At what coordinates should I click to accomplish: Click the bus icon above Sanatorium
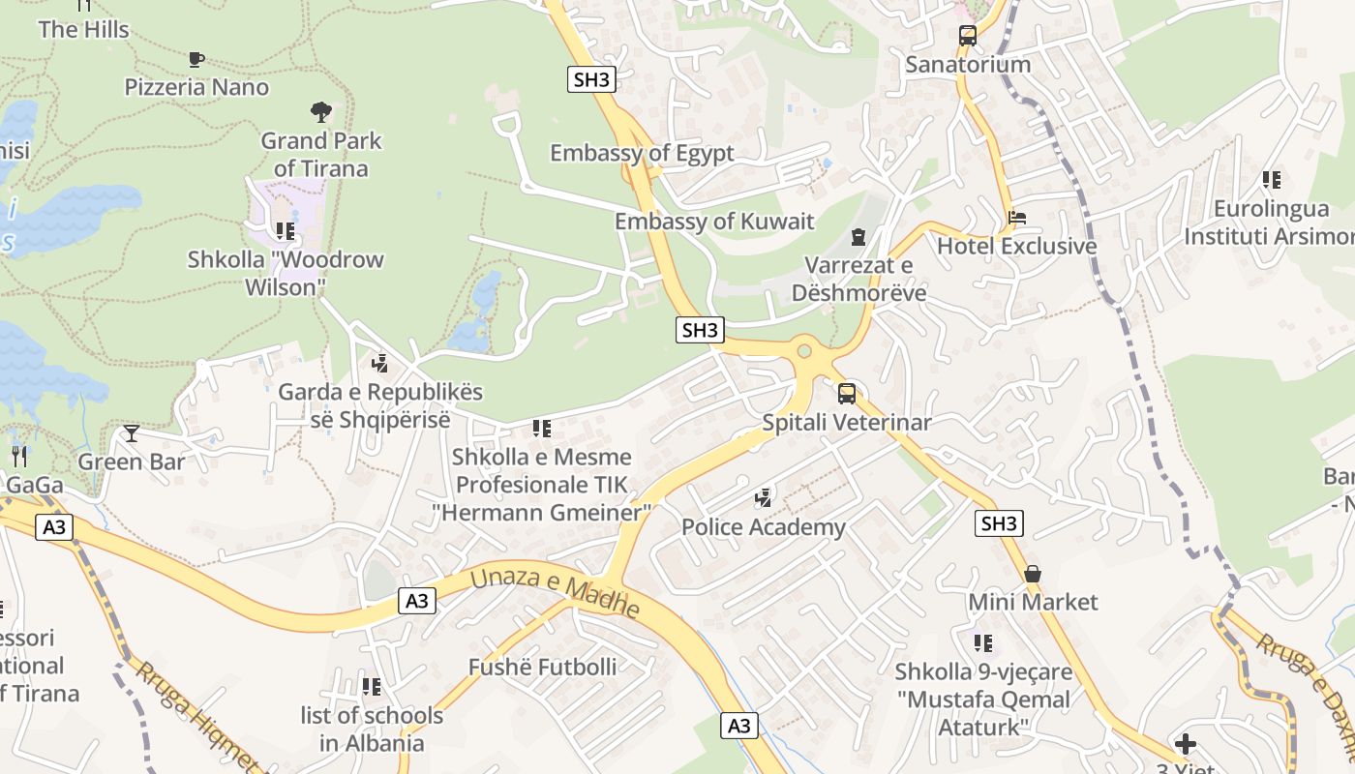coord(967,37)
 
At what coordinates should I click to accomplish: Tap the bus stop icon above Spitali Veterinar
coord(846,394)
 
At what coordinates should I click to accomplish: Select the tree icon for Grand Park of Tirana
coord(321,112)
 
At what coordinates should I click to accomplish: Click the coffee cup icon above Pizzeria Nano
coord(196,59)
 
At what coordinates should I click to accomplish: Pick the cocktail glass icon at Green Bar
coord(132,433)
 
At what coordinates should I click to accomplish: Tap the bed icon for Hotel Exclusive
coord(1016,218)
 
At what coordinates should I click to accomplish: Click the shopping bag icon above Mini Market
coord(1033,574)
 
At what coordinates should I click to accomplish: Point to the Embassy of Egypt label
coord(642,153)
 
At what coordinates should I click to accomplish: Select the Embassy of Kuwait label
coord(714,221)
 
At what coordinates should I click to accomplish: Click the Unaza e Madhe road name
coord(556,593)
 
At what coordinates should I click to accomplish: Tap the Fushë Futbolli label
coord(542,667)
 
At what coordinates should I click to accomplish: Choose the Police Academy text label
coord(764,527)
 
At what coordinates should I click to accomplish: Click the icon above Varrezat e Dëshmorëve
coord(858,237)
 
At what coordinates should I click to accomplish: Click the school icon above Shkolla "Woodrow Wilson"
coord(285,231)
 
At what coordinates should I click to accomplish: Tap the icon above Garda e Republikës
coord(380,364)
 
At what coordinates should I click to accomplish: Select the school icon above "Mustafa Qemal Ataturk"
coord(983,643)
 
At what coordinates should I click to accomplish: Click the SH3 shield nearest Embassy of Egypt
coord(591,79)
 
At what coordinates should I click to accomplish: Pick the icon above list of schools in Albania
coord(372,687)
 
